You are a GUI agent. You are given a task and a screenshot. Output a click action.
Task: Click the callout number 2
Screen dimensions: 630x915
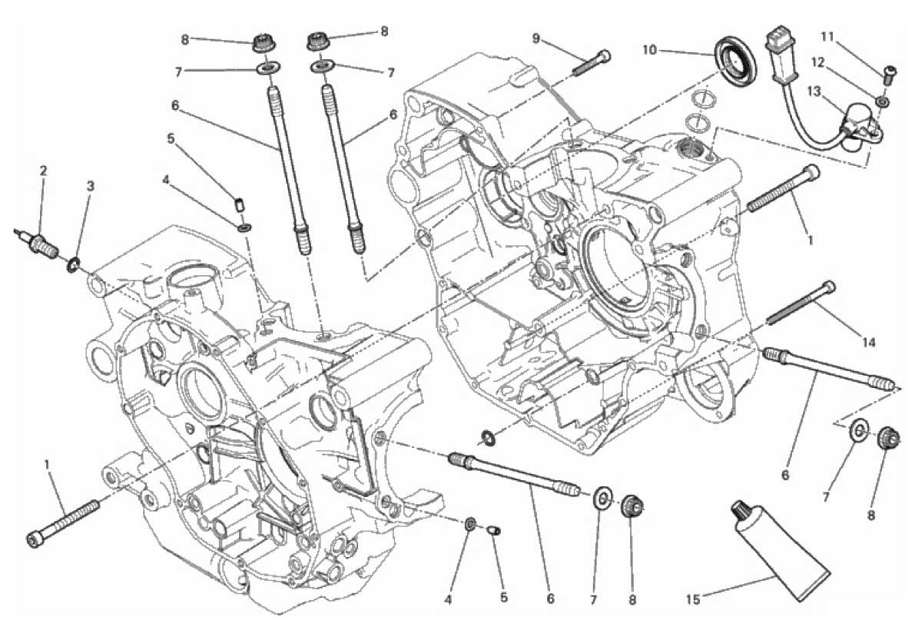[x=43, y=171]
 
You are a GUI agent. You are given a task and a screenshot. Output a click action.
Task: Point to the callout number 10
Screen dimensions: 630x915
[x=650, y=51]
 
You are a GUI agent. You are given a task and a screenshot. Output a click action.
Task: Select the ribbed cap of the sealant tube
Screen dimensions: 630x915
[x=743, y=510]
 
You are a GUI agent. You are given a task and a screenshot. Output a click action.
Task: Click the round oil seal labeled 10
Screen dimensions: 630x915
[x=736, y=60]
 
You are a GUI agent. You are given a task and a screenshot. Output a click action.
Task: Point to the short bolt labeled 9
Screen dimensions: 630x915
[x=592, y=62]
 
